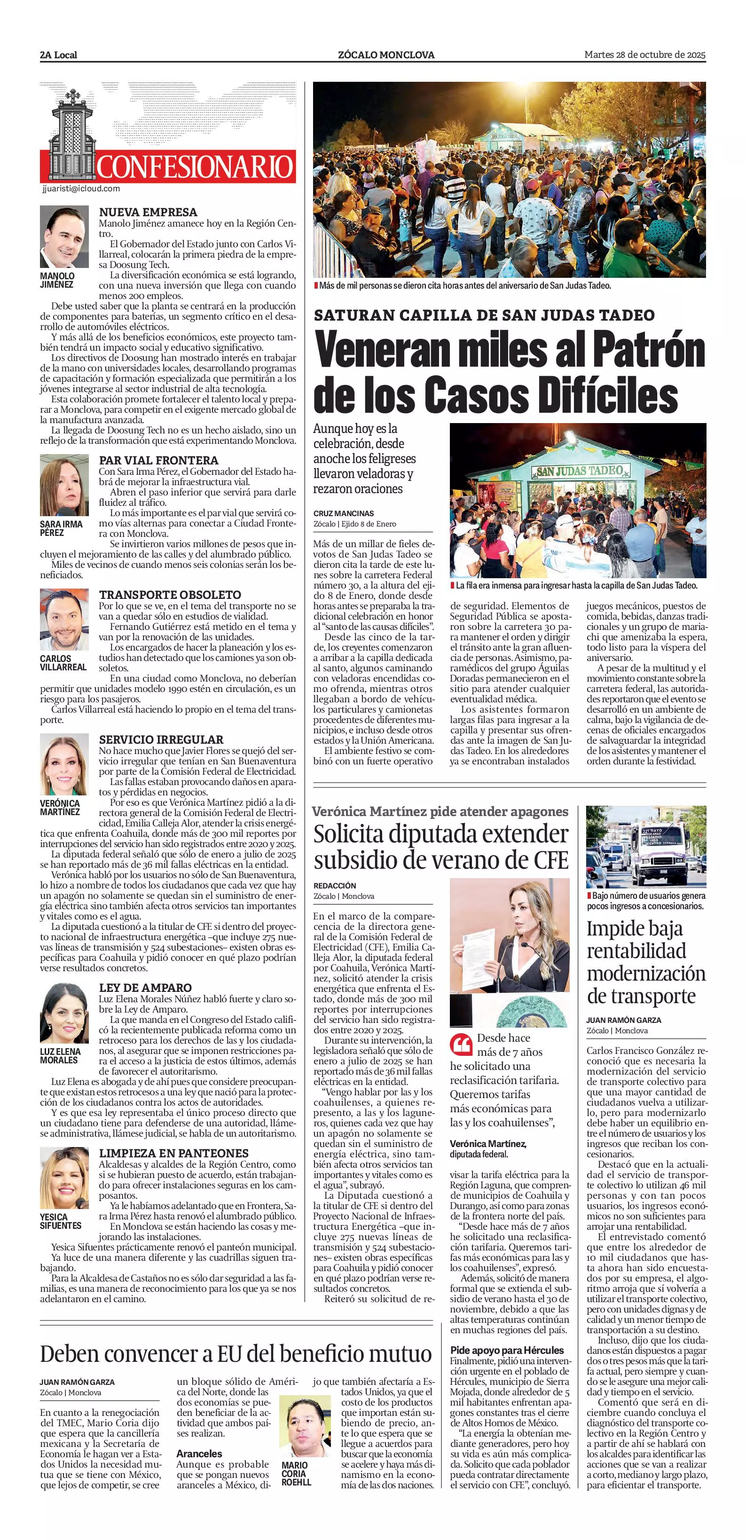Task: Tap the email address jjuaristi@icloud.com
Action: pyautogui.click(x=81, y=189)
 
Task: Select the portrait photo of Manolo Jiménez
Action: pyautogui.click(x=64, y=237)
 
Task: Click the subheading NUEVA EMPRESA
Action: pyautogui.click(x=148, y=212)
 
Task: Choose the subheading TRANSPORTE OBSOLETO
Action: pyautogui.click(x=170, y=595)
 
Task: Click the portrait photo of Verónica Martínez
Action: pyautogui.click(x=64, y=765)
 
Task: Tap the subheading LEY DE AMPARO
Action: pyautogui.click(x=145, y=988)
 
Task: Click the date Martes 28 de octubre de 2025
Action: pyautogui.click(x=645, y=55)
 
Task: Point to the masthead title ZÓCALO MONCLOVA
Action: pyautogui.click(x=386, y=55)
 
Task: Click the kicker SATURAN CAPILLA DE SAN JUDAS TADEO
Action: pyautogui.click(x=484, y=315)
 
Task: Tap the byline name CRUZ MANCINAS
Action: pyautogui.click(x=344, y=513)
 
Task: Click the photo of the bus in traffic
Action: pyautogui.click(x=645, y=847)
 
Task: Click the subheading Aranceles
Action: pyautogui.click(x=199, y=1454)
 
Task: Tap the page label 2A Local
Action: pyautogui.click(x=59, y=55)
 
